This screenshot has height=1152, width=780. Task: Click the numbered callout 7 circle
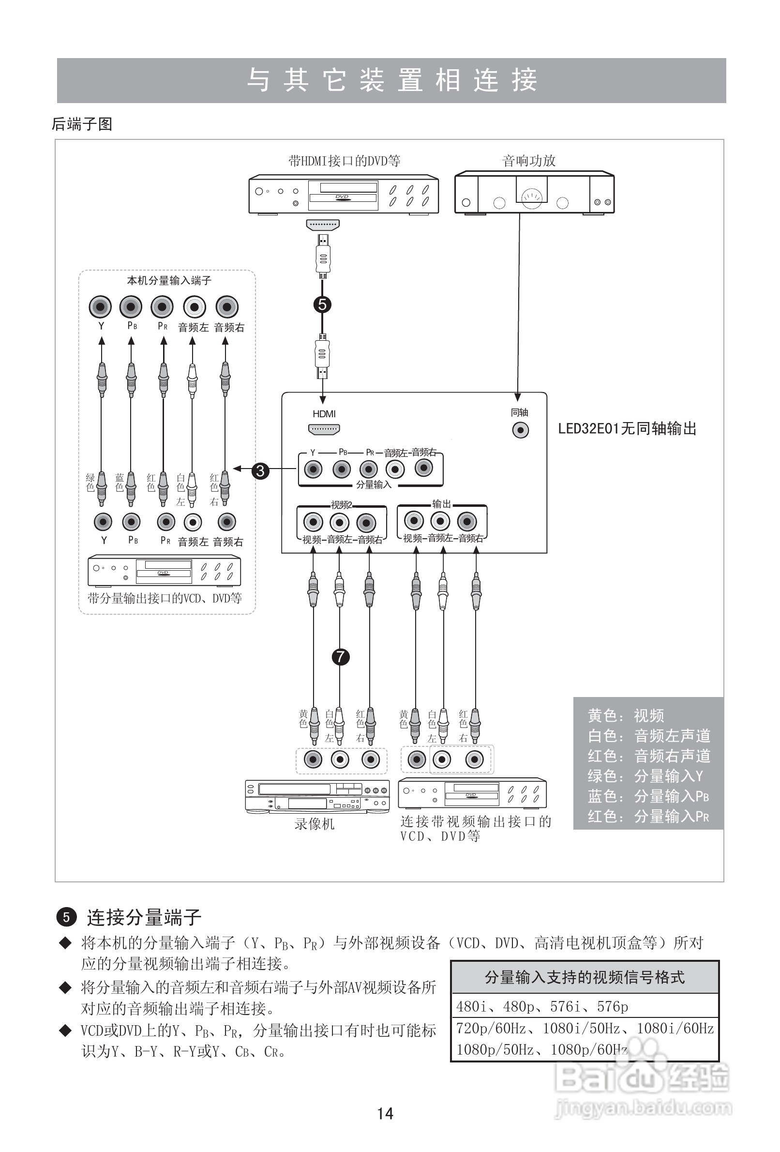tap(340, 657)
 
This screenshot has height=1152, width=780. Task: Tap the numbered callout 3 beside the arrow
tap(260, 470)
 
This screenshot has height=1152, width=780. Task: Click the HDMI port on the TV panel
tap(324, 429)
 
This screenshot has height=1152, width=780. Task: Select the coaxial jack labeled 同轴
tap(520, 430)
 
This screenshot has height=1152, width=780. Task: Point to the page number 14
tap(385, 1113)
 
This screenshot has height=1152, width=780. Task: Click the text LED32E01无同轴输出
tap(627, 429)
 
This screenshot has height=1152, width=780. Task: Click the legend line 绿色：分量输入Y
tap(645, 776)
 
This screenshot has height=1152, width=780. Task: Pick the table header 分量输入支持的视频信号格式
tap(585, 977)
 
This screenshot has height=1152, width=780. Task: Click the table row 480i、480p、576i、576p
tap(542, 1007)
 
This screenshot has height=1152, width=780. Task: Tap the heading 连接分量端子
tap(144, 918)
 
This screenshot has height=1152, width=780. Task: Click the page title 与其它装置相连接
tap(391, 80)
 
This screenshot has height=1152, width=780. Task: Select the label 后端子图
tap(82, 124)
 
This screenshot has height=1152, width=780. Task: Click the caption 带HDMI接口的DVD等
tap(345, 161)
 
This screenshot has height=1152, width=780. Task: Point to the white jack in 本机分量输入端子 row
tap(194, 307)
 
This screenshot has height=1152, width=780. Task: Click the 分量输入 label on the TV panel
tap(374, 485)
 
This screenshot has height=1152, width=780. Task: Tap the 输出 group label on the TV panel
tap(442, 503)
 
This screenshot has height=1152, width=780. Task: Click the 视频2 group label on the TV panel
tap(342, 505)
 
